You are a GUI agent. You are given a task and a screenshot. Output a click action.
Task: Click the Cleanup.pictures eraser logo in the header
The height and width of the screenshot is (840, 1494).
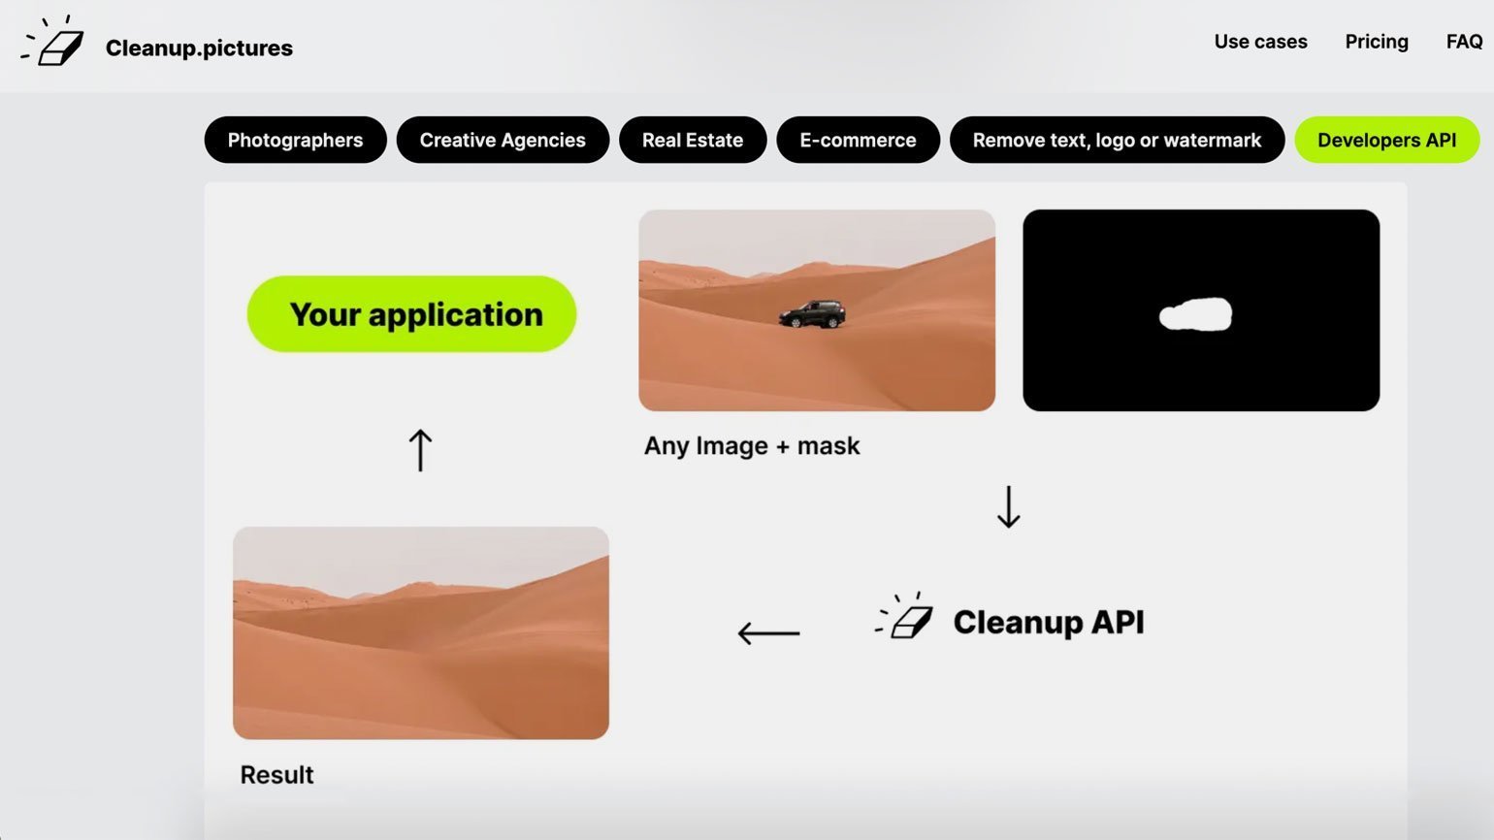52,41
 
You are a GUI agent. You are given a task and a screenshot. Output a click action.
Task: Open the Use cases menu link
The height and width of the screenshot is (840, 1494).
1260,42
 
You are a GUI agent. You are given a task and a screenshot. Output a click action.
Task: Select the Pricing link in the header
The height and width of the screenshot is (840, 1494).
1377,42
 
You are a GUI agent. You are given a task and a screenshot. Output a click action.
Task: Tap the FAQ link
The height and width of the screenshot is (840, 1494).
1464,42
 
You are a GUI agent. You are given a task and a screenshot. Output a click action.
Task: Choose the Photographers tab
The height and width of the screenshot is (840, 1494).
296,140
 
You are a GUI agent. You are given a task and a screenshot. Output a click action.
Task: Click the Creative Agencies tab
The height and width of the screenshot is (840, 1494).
503,140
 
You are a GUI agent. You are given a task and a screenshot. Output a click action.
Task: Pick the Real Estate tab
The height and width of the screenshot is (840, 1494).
693,140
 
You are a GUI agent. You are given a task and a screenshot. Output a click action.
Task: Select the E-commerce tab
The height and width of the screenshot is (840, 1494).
858,140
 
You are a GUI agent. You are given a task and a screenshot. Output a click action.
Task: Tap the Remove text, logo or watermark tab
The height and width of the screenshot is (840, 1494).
1118,140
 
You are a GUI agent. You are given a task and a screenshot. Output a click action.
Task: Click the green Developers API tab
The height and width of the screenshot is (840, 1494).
1386,140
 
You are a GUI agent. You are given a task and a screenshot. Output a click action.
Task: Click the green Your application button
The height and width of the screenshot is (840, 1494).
411,314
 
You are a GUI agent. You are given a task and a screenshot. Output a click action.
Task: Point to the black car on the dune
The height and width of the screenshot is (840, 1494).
812,314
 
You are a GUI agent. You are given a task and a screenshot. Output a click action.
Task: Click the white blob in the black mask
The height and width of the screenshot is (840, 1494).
1195,314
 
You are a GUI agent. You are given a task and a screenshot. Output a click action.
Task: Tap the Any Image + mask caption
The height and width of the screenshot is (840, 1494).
752,445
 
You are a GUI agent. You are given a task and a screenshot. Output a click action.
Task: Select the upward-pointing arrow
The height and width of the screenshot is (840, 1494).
420,450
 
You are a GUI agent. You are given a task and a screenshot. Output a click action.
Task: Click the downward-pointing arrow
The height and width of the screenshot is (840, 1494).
1009,506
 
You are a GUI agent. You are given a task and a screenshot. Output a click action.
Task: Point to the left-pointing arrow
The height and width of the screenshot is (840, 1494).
768,632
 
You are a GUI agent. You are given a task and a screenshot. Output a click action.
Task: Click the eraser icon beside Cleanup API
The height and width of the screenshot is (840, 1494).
904,615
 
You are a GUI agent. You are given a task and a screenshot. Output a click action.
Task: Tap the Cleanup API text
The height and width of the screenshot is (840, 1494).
1049,622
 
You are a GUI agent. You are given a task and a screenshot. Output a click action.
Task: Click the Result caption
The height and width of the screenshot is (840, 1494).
276,775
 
